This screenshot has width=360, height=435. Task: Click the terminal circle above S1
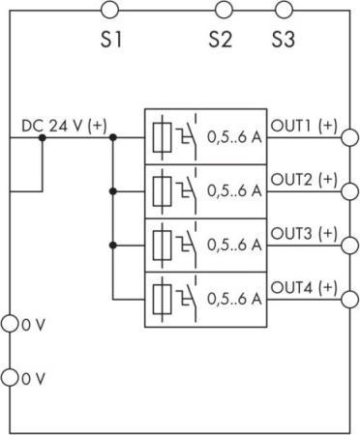point(110,11)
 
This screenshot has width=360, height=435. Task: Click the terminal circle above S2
point(225,11)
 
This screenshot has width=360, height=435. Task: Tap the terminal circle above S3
point(284,11)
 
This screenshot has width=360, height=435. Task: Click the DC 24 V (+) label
point(64,126)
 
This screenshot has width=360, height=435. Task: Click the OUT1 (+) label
point(304,126)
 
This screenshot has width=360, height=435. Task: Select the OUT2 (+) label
point(304,180)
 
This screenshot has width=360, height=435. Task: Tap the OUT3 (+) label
point(304,234)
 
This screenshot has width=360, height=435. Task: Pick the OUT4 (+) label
point(304,288)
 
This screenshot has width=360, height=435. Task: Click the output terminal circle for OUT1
point(348,137)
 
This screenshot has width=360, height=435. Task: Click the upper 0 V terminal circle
point(10,324)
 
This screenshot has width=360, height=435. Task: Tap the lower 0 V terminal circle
point(10,376)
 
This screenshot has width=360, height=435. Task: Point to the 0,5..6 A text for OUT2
point(235,191)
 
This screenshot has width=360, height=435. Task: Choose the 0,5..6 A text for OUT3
point(235,246)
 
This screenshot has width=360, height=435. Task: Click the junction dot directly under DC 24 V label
point(42,137)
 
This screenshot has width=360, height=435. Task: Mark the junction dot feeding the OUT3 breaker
point(113,246)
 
